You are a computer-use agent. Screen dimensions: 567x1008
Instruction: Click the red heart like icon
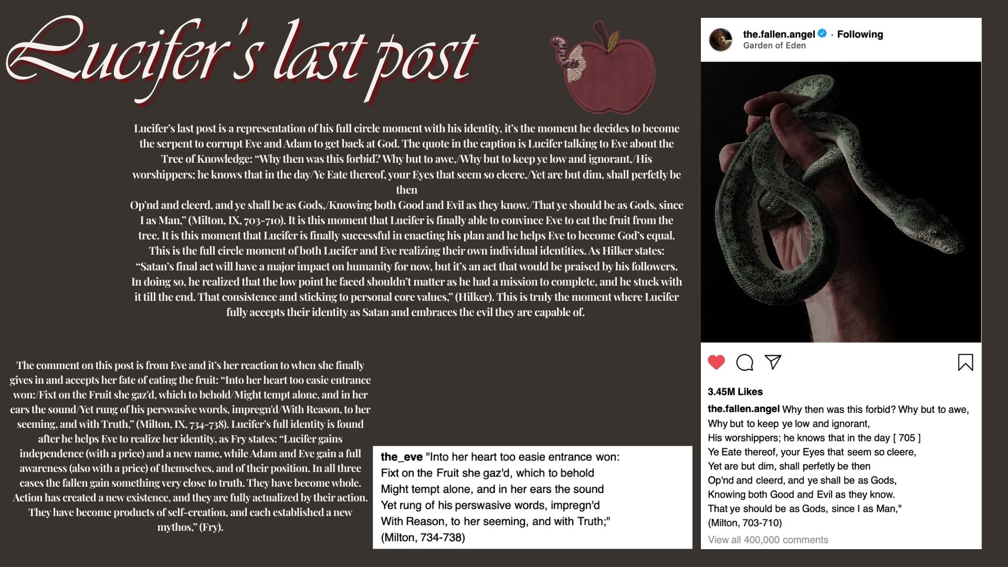[x=716, y=362]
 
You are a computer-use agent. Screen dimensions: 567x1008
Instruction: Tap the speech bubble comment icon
[x=744, y=362]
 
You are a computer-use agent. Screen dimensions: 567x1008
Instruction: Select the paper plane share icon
[x=773, y=362]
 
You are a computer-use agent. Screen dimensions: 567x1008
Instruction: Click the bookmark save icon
[x=965, y=362]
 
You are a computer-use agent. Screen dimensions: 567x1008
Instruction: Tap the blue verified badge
[x=822, y=34]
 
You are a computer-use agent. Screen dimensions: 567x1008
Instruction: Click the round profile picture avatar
[x=721, y=39]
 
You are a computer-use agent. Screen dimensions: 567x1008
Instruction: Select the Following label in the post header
[x=860, y=34]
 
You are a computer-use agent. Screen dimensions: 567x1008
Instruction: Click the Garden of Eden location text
[x=774, y=46]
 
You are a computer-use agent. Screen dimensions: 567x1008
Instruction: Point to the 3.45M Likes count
[x=735, y=392]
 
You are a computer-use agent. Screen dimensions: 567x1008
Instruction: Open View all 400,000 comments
[x=768, y=540]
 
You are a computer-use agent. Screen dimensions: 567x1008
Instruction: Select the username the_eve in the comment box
[x=402, y=457]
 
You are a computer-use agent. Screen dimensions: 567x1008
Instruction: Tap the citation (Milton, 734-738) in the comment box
[x=423, y=538]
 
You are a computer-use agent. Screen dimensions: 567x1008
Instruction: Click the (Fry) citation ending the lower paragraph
[x=211, y=527]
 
